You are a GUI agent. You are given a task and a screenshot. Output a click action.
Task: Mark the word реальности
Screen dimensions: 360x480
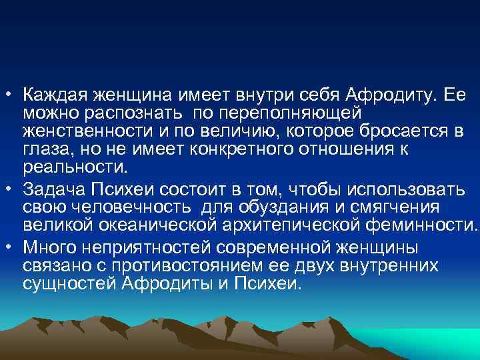(x=74, y=165)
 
